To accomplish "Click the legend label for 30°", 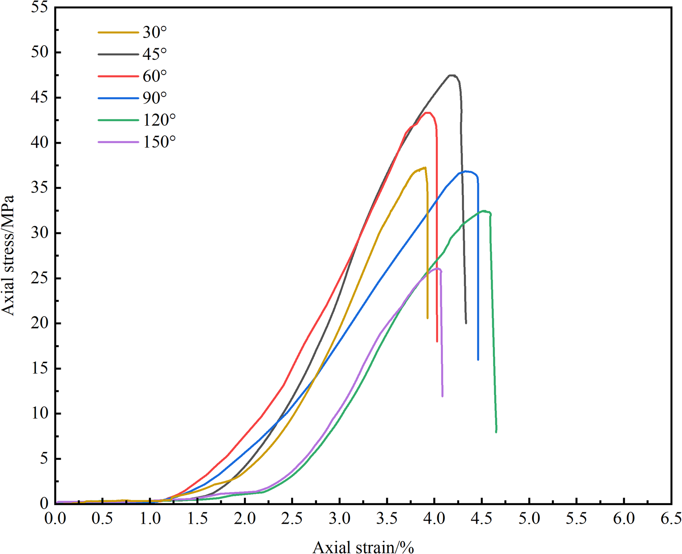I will (x=155, y=32).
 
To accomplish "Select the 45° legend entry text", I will (x=155, y=54).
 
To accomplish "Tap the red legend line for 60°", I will (x=118, y=76).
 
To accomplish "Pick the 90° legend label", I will (x=155, y=98).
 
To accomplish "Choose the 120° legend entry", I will (x=159, y=120).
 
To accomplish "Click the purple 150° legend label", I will (x=159, y=142).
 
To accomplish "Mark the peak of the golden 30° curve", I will (x=425, y=167).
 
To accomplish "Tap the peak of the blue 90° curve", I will (x=466, y=171).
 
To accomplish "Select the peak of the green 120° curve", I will (x=484, y=211).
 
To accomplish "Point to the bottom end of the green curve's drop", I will (x=496, y=432).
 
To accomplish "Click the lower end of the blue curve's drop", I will (x=478, y=359).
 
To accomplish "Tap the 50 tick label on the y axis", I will (x=40, y=52).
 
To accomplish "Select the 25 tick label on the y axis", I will (x=40, y=278).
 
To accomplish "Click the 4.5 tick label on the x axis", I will (x=482, y=519).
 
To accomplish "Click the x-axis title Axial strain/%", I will (x=363, y=547).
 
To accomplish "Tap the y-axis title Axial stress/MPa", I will (x=8, y=255).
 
